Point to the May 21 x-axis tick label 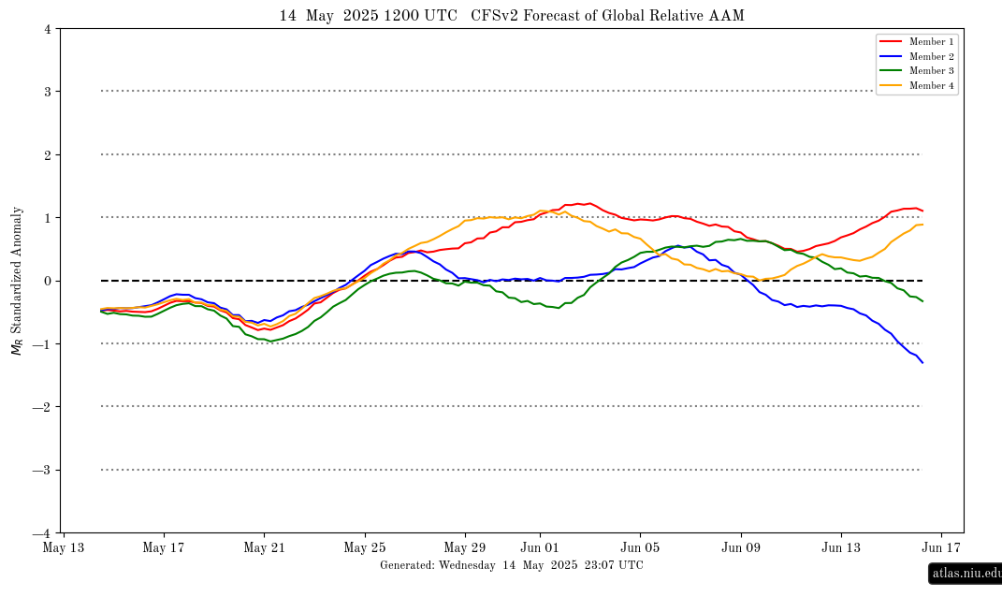[x=264, y=547]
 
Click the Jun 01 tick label [x=540, y=547]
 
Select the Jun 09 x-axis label [x=741, y=547]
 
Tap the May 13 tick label [x=64, y=547]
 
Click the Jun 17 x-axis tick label [x=941, y=547]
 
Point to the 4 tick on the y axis [x=48, y=29]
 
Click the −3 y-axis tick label [x=42, y=470]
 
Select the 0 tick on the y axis [x=48, y=282]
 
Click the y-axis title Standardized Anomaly [x=17, y=269]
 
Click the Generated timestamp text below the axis [x=512, y=565]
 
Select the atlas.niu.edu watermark [x=966, y=573]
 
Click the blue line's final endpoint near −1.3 [x=922, y=363]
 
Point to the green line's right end [x=922, y=301]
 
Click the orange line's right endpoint [x=922, y=225]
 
